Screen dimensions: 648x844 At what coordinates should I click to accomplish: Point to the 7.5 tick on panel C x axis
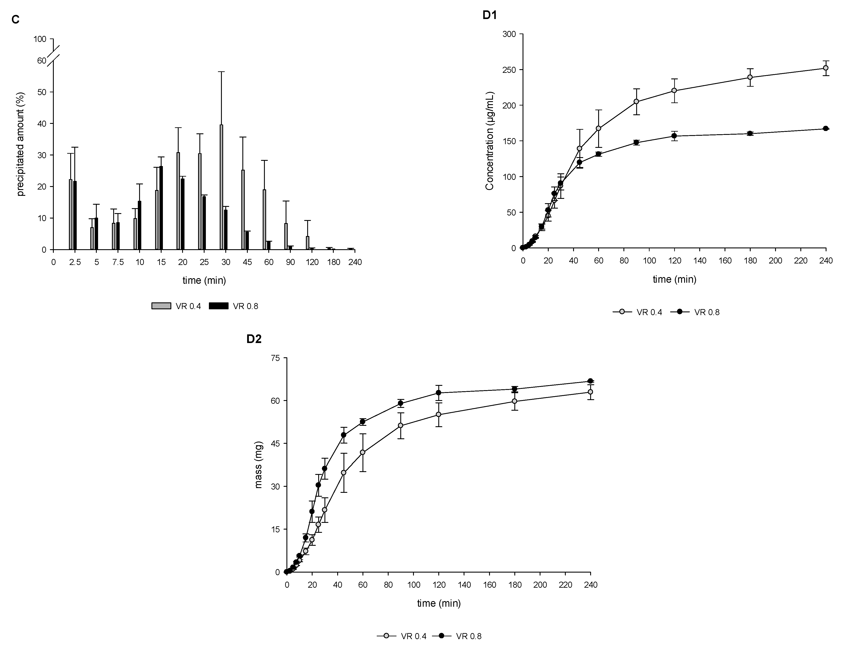tap(118, 262)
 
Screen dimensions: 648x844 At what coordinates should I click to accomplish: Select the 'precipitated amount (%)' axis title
tap(21, 144)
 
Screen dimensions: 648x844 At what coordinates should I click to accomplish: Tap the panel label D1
tap(490, 15)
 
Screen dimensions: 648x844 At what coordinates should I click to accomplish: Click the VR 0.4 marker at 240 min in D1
tap(825, 68)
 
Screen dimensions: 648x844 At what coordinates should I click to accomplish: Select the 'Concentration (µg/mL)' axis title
tap(490, 141)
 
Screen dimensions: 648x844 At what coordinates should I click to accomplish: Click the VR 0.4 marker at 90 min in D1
tap(636, 101)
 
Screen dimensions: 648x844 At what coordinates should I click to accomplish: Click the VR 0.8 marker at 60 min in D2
tap(362, 421)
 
